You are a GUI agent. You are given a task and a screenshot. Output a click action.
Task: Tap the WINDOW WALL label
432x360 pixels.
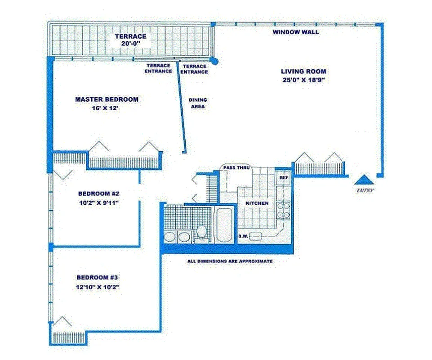click(296, 32)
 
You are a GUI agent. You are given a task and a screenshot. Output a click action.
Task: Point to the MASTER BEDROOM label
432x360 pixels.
click(107, 99)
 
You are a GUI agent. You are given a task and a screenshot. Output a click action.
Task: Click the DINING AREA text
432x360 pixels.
click(197, 103)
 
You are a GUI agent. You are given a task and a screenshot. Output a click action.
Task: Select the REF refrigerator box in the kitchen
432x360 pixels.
click(283, 178)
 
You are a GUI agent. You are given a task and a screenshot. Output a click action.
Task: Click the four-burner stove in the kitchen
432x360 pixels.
click(283, 208)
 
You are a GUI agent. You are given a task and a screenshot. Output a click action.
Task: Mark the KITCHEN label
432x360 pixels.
click(257, 203)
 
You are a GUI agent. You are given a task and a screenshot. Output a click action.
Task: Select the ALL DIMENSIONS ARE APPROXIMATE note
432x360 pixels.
click(229, 261)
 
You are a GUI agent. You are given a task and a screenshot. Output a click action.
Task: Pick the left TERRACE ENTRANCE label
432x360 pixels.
click(158, 68)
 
